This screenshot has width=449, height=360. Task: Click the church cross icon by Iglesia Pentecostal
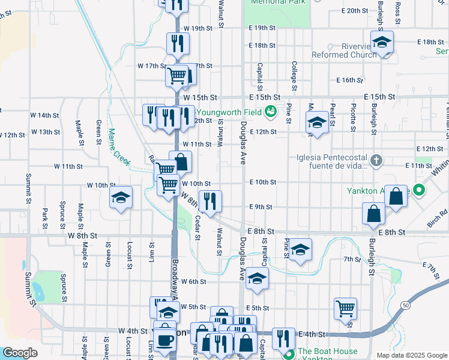[x=376, y=160]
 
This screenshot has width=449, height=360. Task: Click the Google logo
[x=20, y=353]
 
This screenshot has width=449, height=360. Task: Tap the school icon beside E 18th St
[x=381, y=43]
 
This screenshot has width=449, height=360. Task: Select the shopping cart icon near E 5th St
[x=345, y=308]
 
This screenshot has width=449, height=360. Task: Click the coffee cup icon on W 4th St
[x=164, y=340]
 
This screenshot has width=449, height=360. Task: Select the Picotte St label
[x=353, y=117]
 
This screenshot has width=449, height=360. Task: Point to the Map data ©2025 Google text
[x=412, y=355]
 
